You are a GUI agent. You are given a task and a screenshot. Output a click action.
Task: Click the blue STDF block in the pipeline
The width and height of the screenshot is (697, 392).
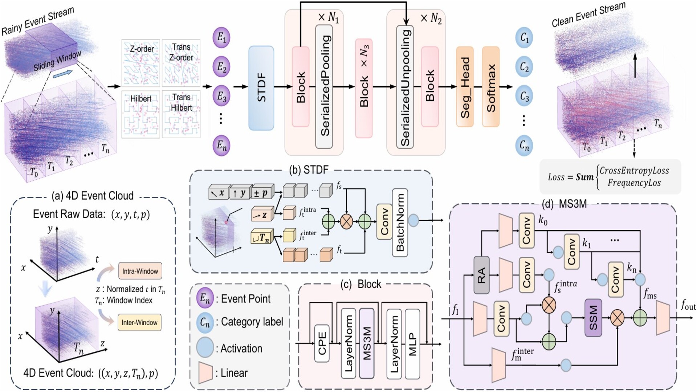click(x=261, y=88)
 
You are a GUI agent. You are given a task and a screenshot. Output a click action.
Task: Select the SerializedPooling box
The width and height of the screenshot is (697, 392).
click(x=324, y=86)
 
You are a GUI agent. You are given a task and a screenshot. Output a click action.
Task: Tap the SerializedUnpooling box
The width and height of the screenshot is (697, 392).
click(x=405, y=86)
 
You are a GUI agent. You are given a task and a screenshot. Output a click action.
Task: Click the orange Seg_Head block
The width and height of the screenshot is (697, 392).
click(x=465, y=86)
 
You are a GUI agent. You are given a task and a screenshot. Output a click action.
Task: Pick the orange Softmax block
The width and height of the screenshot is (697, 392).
click(x=491, y=86)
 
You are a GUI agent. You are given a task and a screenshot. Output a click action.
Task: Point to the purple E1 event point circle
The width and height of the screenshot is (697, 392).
click(x=221, y=37)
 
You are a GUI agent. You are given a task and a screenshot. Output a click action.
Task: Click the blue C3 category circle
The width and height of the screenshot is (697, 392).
click(x=524, y=97)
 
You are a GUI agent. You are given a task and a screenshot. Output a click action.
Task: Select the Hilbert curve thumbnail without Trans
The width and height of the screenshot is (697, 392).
click(x=141, y=114)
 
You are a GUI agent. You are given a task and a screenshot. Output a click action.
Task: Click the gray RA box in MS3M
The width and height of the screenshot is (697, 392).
click(x=481, y=275)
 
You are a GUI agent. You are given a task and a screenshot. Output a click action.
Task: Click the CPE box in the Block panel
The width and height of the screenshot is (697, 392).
click(x=322, y=343)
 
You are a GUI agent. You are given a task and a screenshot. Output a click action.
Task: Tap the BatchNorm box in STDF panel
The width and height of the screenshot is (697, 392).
click(x=400, y=222)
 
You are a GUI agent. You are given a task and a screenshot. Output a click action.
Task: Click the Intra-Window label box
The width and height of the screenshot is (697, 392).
click(x=140, y=271)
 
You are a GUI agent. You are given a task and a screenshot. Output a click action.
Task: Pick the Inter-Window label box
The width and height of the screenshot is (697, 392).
click(x=139, y=322)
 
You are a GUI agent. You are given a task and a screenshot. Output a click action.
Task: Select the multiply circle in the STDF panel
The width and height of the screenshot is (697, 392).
click(x=347, y=221)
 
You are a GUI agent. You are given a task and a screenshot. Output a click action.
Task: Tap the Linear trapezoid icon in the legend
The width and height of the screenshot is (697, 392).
click(x=205, y=373)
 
